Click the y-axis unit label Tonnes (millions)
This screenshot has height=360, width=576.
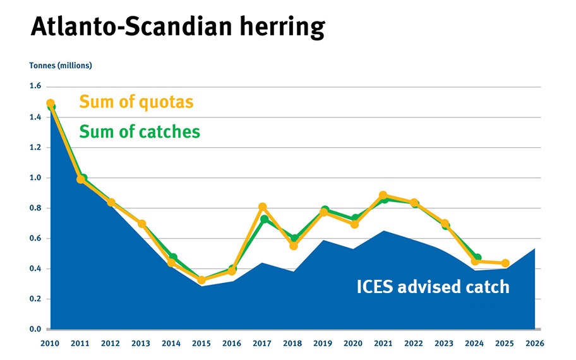pos(61,66)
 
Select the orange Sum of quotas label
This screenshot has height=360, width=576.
pos(136,102)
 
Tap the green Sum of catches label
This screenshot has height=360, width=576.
pos(140,131)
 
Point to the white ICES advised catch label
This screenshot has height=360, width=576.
pos(433,287)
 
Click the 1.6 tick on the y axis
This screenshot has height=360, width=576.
pos(35,87)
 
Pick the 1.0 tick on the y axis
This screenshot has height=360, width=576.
pos(35,178)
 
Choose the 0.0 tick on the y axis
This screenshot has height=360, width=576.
pos(35,330)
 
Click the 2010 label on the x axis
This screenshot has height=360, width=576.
pos(51,343)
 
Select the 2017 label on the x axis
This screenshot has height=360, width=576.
pos(263,343)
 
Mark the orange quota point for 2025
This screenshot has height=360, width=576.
pos(505,263)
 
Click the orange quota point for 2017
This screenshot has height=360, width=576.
pos(263,207)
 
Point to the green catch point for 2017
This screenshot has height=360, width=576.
pos(265,219)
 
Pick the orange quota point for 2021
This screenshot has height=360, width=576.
pos(383,196)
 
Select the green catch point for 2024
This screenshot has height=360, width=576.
pos(477,258)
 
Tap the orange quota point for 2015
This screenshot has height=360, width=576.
pos(202,280)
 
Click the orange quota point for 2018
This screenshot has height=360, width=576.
pos(293,246)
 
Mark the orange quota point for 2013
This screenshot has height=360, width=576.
pos(142,224)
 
